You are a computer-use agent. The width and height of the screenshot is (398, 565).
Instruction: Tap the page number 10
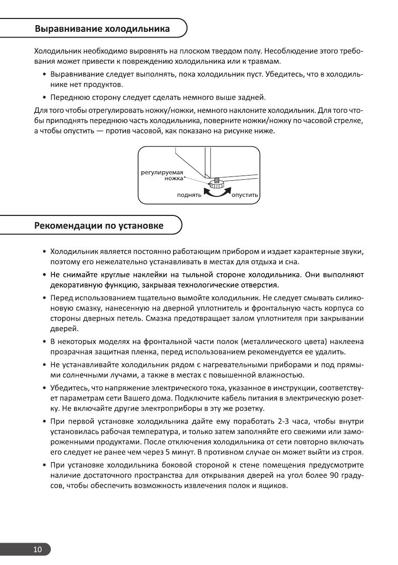pos(37,550)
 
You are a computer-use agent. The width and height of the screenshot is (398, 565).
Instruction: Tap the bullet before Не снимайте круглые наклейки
pos(44,276)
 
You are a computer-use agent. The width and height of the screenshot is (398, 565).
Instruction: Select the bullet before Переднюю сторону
pos(44,98)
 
